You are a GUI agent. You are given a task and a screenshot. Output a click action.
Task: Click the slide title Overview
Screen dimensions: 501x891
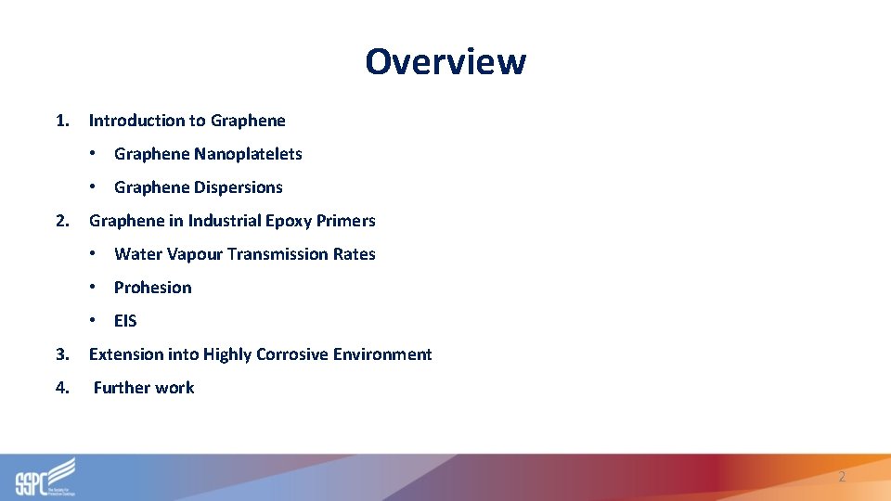click(445, 61)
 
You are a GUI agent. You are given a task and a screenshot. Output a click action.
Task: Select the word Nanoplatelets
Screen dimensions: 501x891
click(248, 154)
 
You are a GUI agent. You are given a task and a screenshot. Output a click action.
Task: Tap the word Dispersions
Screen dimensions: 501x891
click(239, 187)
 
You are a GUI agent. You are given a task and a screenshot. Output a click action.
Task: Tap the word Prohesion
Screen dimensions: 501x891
click(153, 288)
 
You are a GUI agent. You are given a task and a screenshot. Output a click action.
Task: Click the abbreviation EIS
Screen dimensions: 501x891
click(125, 321)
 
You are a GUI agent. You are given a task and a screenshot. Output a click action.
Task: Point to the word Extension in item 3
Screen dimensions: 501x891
click(126, 354)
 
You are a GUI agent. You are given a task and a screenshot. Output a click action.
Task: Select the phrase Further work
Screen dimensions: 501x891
click(144, 388)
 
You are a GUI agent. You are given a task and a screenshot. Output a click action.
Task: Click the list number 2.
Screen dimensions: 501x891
click(61, 221)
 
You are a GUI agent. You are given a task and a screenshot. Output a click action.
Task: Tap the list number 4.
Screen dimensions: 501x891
click(61, 388)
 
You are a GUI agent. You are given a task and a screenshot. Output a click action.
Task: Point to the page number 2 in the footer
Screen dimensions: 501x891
click(842, 477)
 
